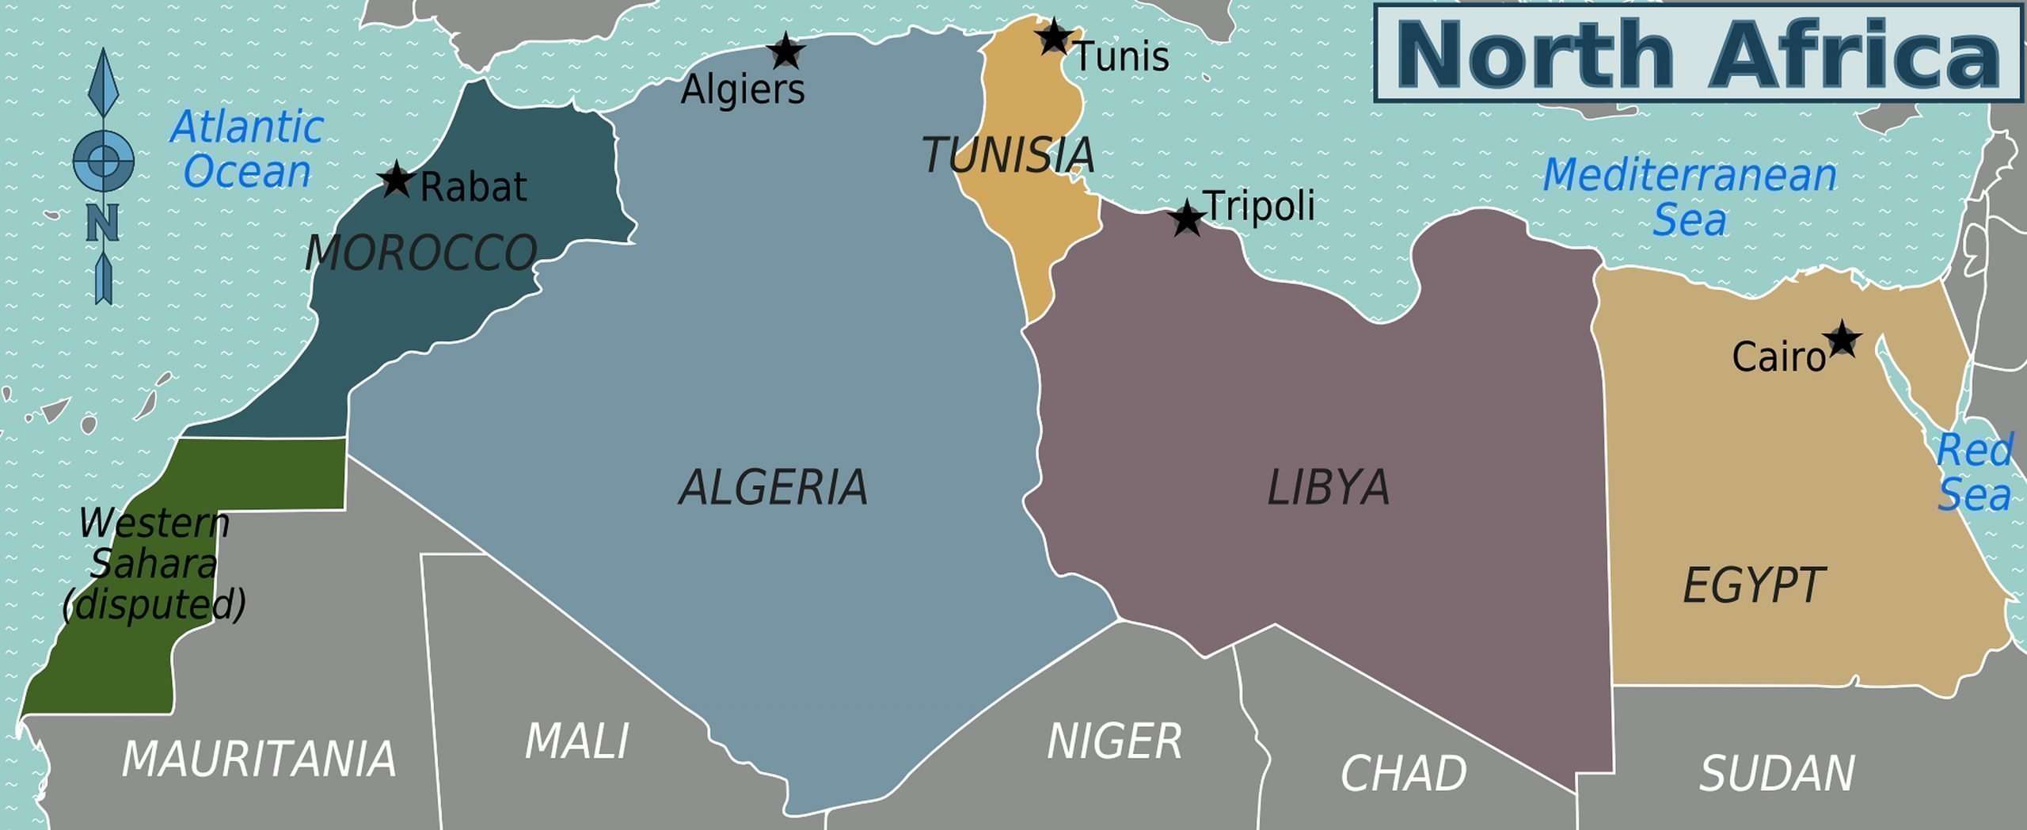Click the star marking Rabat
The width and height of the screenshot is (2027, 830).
tap(396, 180)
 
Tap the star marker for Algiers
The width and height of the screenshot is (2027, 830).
tap(785, 51)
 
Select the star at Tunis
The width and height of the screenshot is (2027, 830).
tap(1054, 36)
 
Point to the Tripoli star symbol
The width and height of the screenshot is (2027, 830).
tap(1186, 218)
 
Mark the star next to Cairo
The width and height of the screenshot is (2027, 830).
tap(1843, 339)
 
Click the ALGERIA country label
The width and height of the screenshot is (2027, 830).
tap(774, 486)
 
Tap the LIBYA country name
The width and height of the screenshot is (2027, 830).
tap(1328, 486)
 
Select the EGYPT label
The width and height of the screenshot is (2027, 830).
tap(1753, 585)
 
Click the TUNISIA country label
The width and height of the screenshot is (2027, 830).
tap(1008, 154)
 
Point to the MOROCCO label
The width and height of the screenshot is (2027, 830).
tap(420, 253)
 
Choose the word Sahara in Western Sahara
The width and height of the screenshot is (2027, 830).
tap(154, 563)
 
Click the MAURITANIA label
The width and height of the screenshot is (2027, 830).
tap(259, 759)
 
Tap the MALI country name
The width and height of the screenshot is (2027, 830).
tap(576, 741)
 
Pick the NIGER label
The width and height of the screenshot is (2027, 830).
tap(1114, 741)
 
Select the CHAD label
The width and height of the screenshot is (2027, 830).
tap(1403, 773)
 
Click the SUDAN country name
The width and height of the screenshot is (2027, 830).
tap(1777, 773)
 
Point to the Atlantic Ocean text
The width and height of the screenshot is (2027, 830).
tap(247, 149)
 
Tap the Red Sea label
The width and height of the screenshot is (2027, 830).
tap(1975, 473)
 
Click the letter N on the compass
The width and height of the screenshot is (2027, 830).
tap(102, 223)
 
